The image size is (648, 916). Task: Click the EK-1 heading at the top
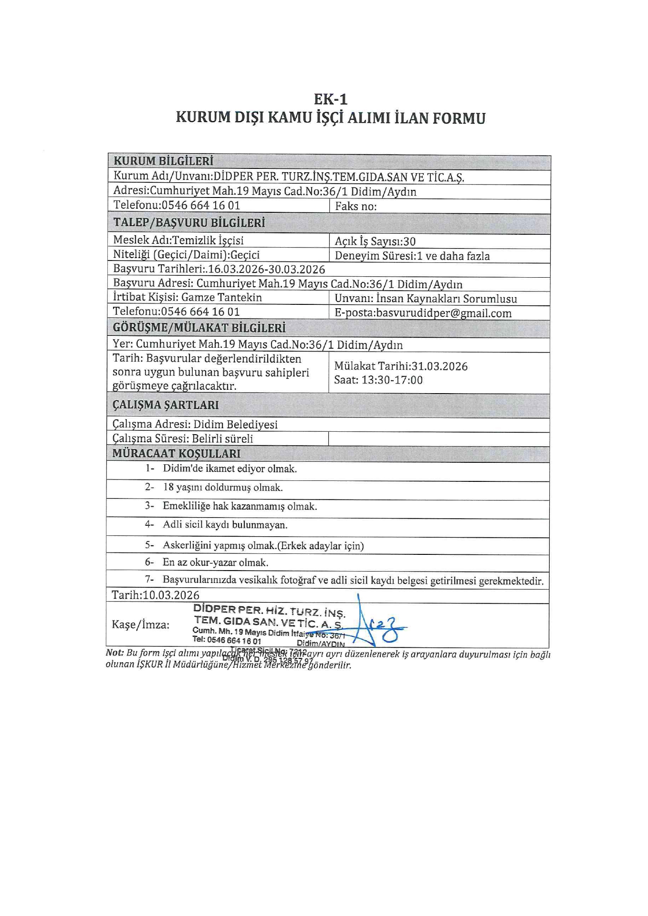[x=330, y=99]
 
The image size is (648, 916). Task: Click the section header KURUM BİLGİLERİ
[x=163, y=161]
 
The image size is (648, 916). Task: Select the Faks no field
[x=355, y=207]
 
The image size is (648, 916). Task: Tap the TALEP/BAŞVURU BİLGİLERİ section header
[x=189, y=223]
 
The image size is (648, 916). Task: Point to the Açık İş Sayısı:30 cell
[x=375, y=241]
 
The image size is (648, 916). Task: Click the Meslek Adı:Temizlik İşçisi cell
[x=178, y=240]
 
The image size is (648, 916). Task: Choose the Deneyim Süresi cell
[x=412, y=256]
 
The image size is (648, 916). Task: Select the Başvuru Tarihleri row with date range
[x=219, y=269]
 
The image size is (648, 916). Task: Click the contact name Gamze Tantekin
[x=221, y=297]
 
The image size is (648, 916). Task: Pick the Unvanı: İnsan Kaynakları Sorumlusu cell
[x=426, y=299]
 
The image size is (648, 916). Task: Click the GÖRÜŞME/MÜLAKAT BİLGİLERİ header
[x=199, y=328]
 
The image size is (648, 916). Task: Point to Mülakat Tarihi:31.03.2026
[x=401, y=366]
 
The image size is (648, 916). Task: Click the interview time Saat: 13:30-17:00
[x=378, y=380]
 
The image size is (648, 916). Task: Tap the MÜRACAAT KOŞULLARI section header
[x=176, y=453]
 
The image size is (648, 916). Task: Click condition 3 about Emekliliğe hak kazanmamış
[x=240, y=506]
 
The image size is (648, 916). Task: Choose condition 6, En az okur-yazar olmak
[x=215, y=562]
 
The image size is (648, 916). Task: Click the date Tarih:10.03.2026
[x=156, y=595]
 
